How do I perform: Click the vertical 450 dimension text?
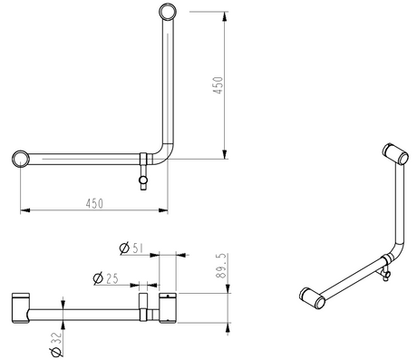(x=218, y=85)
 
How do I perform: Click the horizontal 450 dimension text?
(x=94, y=204)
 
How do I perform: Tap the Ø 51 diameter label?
(x=131, y=248)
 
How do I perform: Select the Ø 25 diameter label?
(x=105, y=278)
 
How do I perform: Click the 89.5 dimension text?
(x=221, y=266)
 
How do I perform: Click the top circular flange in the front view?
(x=168, y=12)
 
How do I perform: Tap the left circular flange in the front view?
(x=21, y=159)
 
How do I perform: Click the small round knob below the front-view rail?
(x=143, y=180)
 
